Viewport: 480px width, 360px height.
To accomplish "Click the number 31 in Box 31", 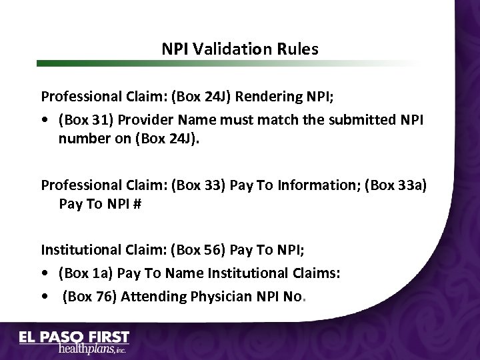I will coord(97,120).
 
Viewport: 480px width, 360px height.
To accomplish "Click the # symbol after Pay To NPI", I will coord(137,204).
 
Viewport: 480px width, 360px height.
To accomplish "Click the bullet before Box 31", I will coord(44,121).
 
